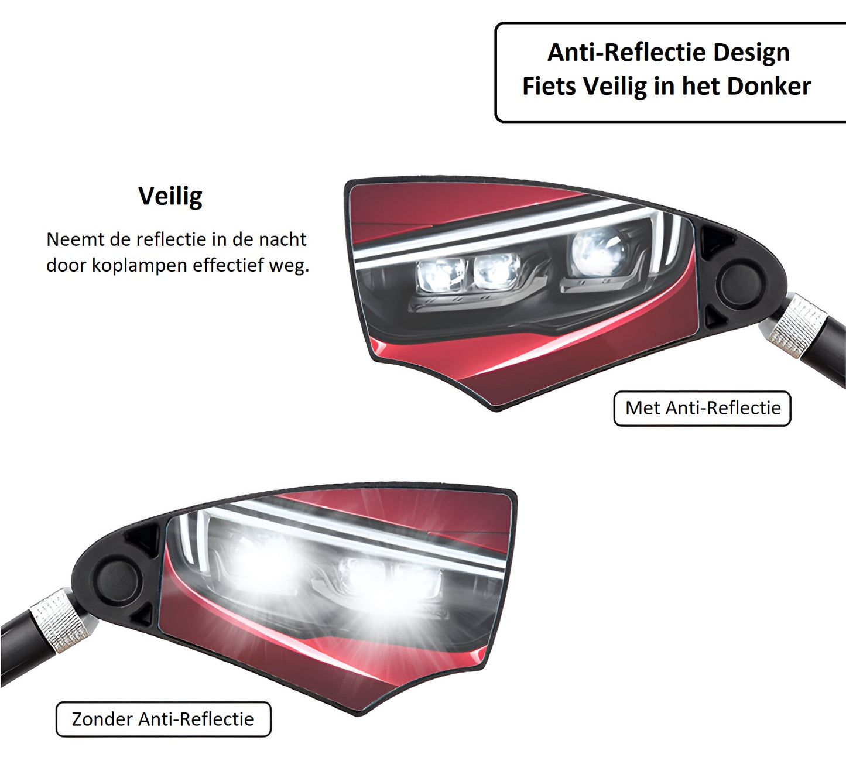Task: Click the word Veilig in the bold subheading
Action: click(170, 197)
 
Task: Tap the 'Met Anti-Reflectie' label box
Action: click(702, 408)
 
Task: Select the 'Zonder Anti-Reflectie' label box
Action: click(163, 719)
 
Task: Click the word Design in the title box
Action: click(751, 53)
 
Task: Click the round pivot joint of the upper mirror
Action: click(741, 283)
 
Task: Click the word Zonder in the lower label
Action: click(102, 719)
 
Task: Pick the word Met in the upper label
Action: click(643, 408)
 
